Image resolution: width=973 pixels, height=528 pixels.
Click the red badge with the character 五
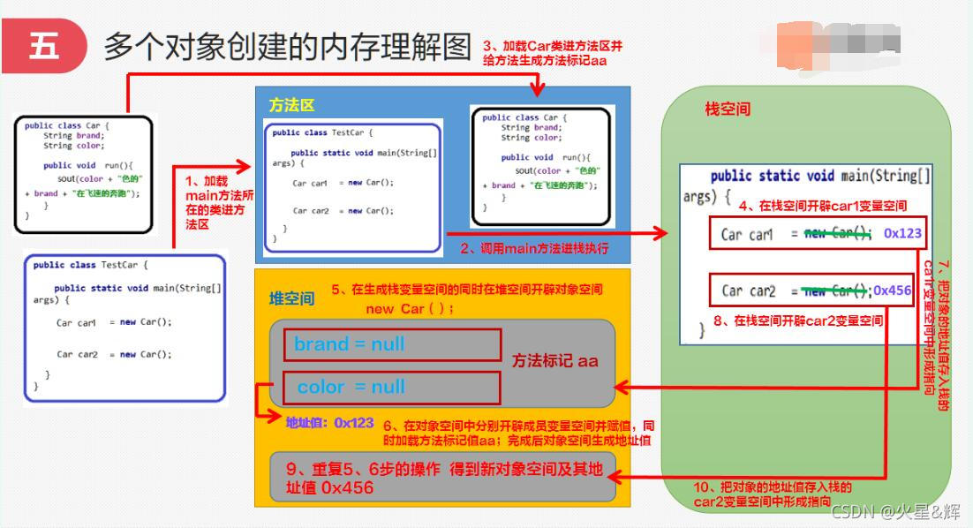coord(44,46)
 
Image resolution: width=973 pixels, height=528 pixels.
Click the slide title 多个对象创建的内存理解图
coord(288,46)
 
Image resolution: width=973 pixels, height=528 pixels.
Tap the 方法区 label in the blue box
coord(291,105)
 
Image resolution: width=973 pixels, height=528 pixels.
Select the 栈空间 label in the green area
coord(728,109)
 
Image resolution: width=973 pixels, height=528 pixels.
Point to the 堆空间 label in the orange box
coord(291,298)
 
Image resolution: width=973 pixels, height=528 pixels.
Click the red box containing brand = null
coord(392,344)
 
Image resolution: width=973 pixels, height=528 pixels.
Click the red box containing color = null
coord(392,387)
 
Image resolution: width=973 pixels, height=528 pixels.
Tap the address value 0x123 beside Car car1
coord(902,234)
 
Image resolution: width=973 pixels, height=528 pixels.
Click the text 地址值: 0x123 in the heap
coord(330,423)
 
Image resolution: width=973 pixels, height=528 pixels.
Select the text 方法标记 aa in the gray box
coord(555,360)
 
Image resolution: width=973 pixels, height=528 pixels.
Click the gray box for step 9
coord(442,478)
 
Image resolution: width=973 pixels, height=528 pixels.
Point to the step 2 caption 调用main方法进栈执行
coord(534,248)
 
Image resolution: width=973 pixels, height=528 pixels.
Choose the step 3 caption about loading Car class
coord(557,52)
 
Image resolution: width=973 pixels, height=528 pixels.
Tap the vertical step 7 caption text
coord(935,336)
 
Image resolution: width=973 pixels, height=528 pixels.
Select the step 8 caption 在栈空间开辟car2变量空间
coord(798,321)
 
